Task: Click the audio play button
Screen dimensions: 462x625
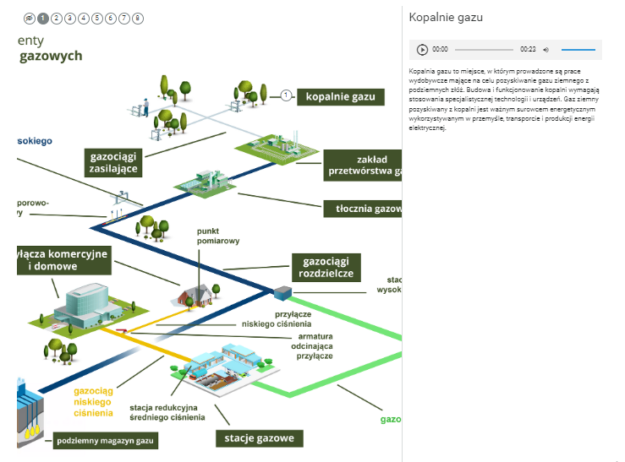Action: (422, 50)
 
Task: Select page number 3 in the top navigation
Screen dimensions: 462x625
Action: (69, 18)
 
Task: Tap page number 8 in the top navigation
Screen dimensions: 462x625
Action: (138, 18)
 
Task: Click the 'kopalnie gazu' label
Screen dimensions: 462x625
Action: (340, 96)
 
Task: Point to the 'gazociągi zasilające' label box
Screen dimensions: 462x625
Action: (113, 161)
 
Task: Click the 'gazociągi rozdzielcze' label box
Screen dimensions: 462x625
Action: (326, 268)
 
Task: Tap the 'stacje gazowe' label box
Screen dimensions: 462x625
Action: (259, 438)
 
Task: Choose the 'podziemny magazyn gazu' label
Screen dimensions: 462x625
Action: (107, 441)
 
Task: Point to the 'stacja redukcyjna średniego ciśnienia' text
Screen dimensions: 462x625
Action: (167, 412)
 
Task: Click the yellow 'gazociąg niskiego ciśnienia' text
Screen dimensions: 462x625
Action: (93, 402)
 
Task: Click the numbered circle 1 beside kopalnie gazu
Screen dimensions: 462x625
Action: (287, 95)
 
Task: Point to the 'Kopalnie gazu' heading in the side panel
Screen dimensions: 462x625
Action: (446, 17)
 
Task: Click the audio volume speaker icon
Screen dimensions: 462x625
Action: (546, 50)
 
